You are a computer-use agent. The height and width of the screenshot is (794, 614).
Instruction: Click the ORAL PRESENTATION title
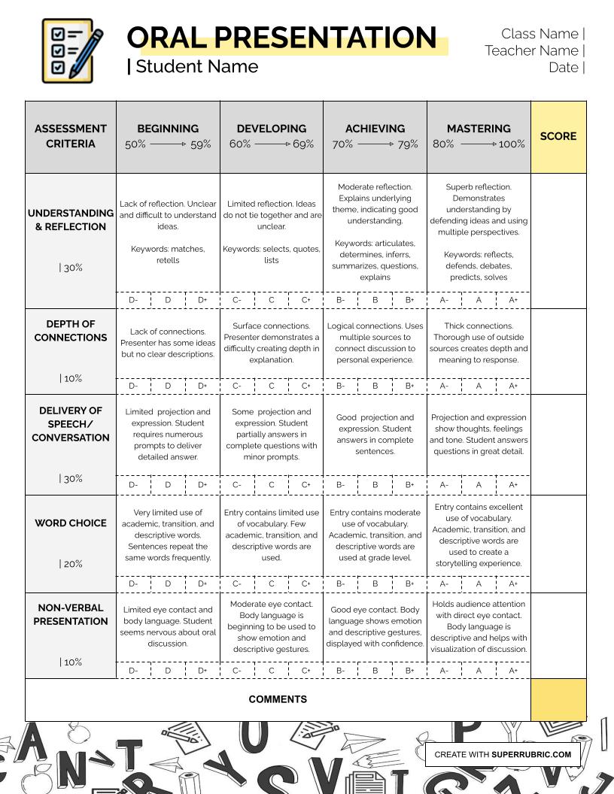pyautogui.click(x=281, y=38)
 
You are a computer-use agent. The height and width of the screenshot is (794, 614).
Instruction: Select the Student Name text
pyautogui.click(x=196, y=67)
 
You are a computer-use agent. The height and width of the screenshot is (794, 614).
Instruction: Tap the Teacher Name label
pyautogui.click(x=531, y=50)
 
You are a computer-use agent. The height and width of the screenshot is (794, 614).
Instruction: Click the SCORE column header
pyautogui.click(x=558, y=136)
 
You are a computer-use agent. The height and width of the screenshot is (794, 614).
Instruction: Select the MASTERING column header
pyautogui.click(x=479, y=129)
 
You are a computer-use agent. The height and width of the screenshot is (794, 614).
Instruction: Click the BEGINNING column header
pyautogui.click(x=168, y=129)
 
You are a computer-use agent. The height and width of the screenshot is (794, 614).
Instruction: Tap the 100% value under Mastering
pyautogui.click(x=512, y=144)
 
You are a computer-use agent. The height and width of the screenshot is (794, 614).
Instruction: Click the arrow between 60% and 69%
pyautogui.click(x=272, y=144)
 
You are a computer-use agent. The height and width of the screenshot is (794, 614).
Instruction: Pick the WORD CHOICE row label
pyautogui.click(x=71, y=523)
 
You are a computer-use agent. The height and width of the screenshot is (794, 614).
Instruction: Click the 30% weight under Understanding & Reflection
pyautogui.click(x=71, y=268)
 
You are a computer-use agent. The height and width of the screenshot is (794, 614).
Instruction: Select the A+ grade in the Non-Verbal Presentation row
pyautogui.click(x=513, y=671)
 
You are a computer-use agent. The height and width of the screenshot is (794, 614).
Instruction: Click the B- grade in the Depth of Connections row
pyautogui.click(x=341, y=386)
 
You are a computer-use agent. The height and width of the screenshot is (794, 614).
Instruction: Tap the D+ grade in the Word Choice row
pyautogui.click(x=202, y=583)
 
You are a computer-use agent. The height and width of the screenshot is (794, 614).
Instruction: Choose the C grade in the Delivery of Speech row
pyautogui.click(x=272, y=485)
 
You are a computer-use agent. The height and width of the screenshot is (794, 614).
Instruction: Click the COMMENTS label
pyautogui.click(x=278, y=699)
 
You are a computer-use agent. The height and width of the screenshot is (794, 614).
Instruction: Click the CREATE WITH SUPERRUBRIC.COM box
pyautogui.click(x=503, y=754)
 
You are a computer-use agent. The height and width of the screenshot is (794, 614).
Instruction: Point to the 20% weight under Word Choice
pyautogui.click(x=71, y=564)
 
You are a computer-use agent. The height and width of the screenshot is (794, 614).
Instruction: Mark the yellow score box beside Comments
pyautogui.click(x=558, y=700)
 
